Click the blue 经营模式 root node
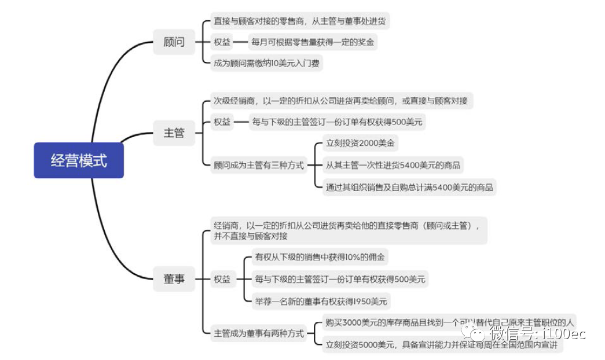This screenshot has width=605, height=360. (78, 160)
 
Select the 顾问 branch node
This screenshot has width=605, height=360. (174, 42)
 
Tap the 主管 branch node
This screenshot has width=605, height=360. (174, 133)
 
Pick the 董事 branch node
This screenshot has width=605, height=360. (174, 279)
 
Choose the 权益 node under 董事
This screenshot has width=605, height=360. (222, 279)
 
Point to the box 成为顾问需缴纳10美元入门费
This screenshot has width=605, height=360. (266, 63)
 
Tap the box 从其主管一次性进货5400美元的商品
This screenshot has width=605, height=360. (393, 165)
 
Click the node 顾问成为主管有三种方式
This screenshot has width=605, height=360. (258, 165)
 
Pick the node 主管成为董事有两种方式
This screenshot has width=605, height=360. (258, 333)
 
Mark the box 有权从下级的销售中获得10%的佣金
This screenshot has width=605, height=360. (320, 257)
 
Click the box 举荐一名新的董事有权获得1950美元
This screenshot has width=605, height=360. (321, 301)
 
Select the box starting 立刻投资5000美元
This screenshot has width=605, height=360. (443, 344)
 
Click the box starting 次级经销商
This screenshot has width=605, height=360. (340, 101)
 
